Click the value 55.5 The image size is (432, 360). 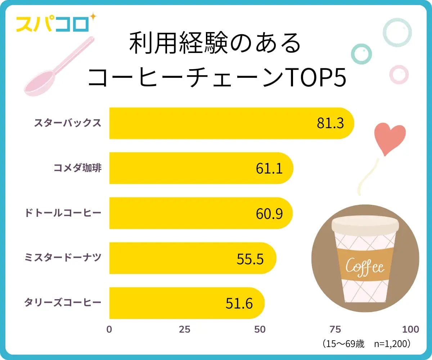[x=250, y=258]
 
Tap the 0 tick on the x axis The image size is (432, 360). [x=109, y=329]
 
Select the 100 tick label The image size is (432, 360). [x=410, y=329]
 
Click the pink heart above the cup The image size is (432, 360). [x=390, y=139]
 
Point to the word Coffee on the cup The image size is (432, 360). [x=365, y=267]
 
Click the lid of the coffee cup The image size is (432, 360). [x=365, y=225]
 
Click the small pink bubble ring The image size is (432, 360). [x=399, y=75]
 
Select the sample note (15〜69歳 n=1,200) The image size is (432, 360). [x=366, y=344]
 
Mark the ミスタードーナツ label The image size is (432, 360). [x=62, y=258]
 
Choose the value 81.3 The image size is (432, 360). [x=330, y=123]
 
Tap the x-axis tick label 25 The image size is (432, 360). [x=185, y=329]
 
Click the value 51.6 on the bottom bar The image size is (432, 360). [x=239, y=303]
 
